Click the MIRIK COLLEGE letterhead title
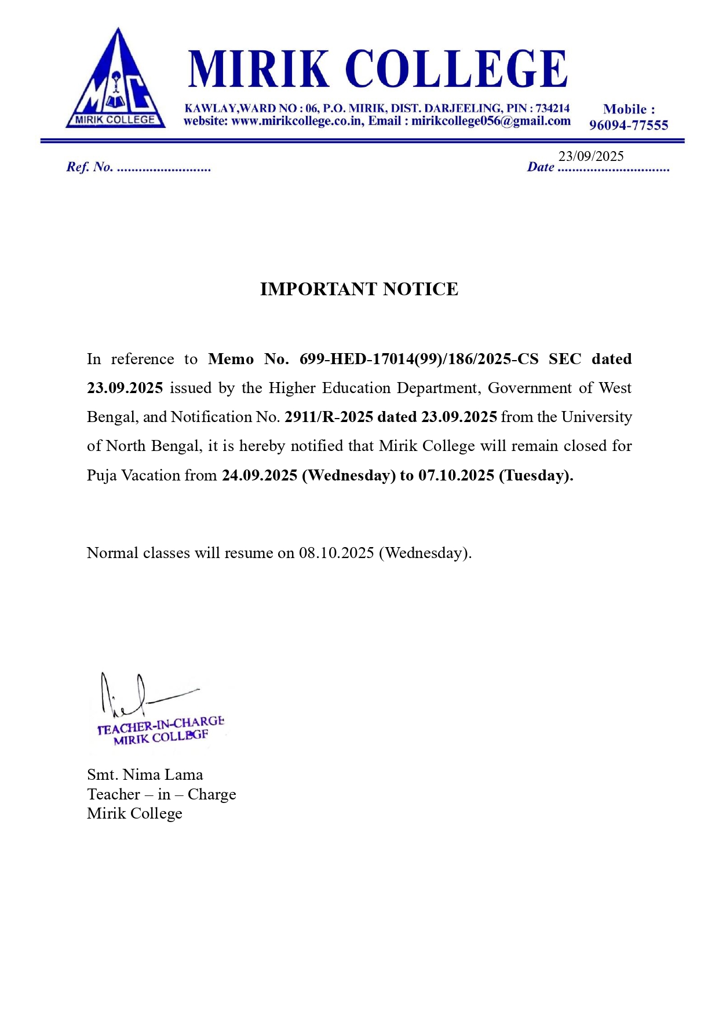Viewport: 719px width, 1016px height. pyautogui.click(x=377, y=69)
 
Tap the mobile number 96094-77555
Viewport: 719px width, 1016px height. pyautogui.click(x=629, y=125)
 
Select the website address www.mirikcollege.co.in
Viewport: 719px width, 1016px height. pyautogui.click(x=297, y=122)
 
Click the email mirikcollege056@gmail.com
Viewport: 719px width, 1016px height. pyautogui.click(x=491, y=122)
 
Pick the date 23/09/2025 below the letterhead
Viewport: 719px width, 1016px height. pyautogui.click(x=591, y=156)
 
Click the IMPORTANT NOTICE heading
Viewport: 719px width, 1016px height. pyautogui.click(x=359, y=289)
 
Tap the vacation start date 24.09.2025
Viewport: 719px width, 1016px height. pyautogui.click(x=260, y=476)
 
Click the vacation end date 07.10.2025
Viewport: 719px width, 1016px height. pyautogui.click(x=456, y=476)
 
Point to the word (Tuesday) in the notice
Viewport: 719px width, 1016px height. pyautogui.click(x=535, y=476)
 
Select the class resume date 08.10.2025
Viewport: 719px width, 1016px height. pyautogui.click(x=336, y=553)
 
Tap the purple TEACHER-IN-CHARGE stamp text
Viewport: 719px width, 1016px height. pyautogui.click(x=160, y=725)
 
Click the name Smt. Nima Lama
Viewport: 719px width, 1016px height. pyautogui.click(x=145, y=775)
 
